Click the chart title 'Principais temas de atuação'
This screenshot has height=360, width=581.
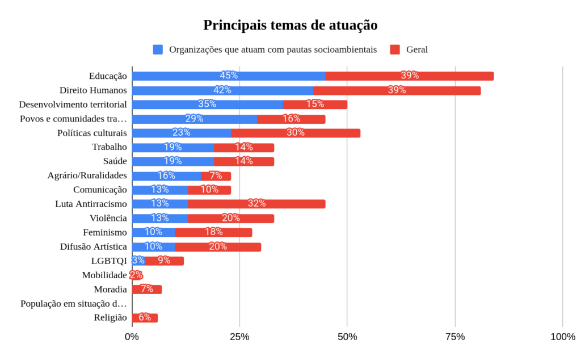(x=290, y=26)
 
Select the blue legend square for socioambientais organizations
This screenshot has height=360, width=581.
(x=158, y=49)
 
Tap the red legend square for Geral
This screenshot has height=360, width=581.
(x=395, y=49)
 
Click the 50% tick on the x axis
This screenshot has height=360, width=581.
(x=347, y=337)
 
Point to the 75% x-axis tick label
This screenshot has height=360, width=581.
(x=455, y=337)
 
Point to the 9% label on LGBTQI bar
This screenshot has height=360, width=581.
(x=164, y=261)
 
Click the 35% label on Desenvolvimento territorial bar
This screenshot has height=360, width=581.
(x=207, y=104)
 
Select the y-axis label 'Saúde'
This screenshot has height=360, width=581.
(x=115, y=161)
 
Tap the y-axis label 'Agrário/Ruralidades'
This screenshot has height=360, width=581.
(x=87, y=175)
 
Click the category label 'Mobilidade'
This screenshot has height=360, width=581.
(x=104, y=275)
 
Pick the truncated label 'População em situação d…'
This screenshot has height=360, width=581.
(x=73, y=303)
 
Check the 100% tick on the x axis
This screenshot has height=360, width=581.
(x=563, y=337)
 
